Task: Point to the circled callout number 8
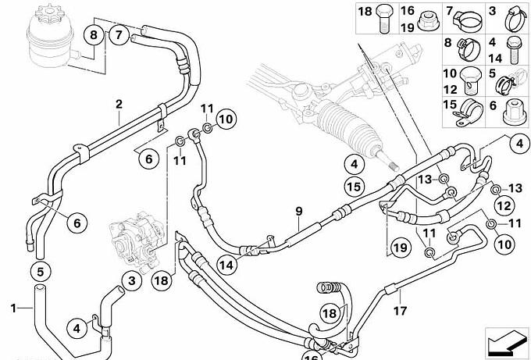pyautogui.click(x=94, y=34)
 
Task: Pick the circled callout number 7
pyautogui.click(x=119, y=34)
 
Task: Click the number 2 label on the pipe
pyautogui.click(x=119, y=104)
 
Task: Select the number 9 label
pyautogui.click(x=298, y=211)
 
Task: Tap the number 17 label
pyautogui.click(x=400, y=310)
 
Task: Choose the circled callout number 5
pyautogui.click(x=40, y=272)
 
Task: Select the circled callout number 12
pyautogui.click(x=504, y=206)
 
